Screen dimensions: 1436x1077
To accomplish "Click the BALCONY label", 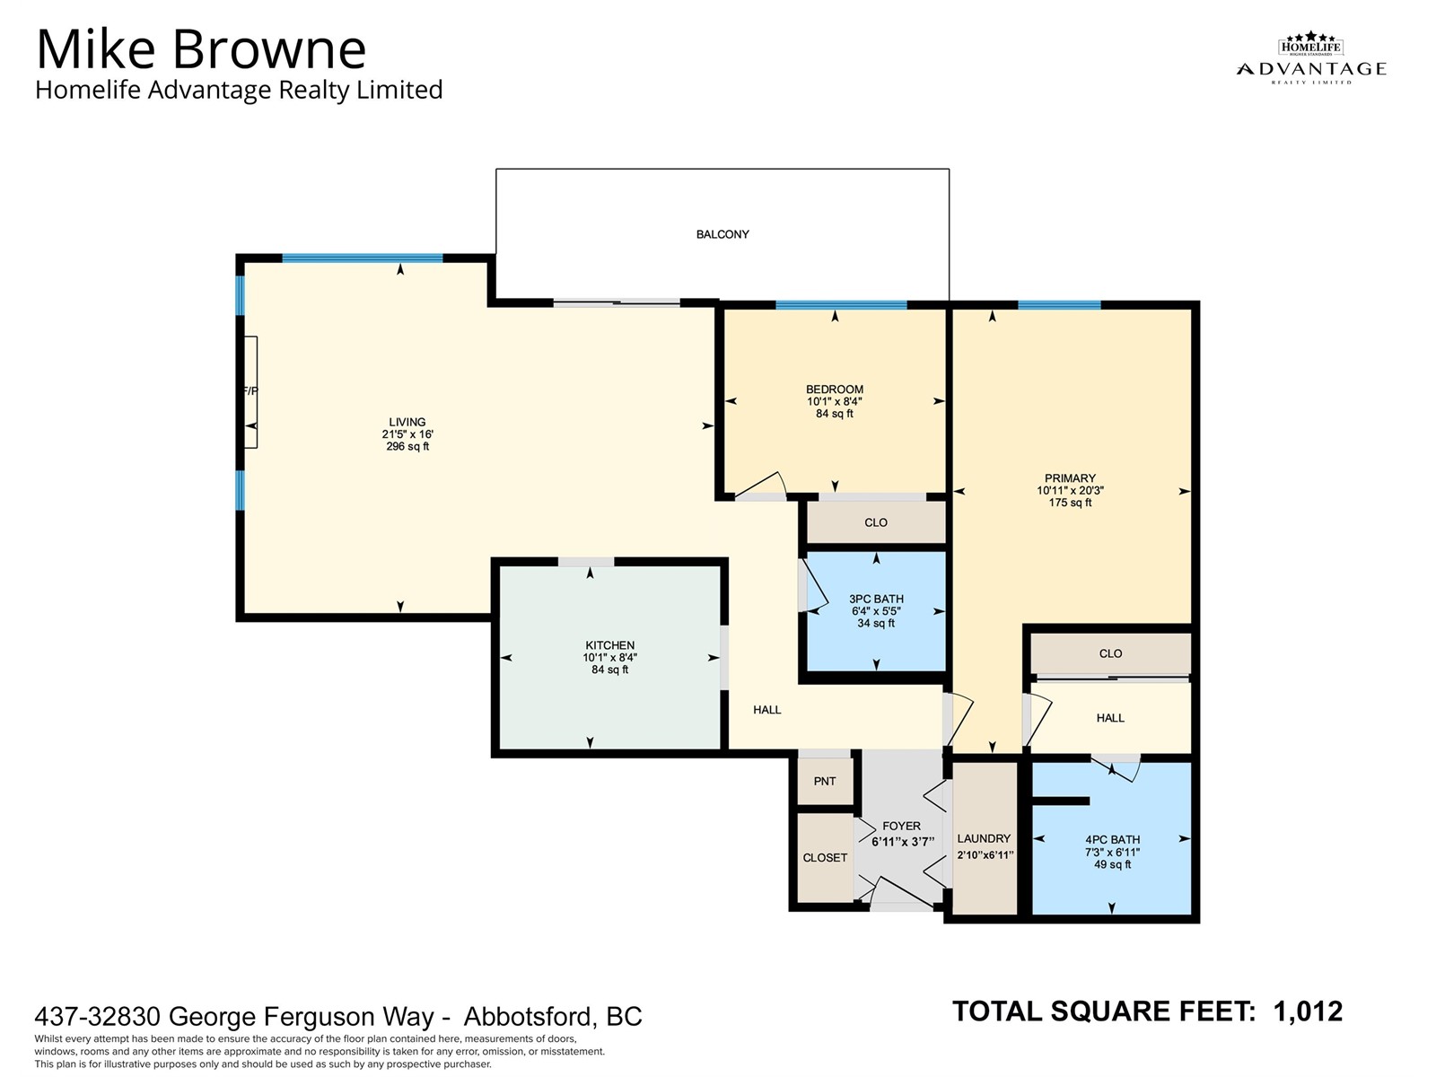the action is click(722, 234).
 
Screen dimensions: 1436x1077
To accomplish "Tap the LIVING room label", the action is click(407, 423).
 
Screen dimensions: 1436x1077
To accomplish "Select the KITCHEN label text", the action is click(609, 645).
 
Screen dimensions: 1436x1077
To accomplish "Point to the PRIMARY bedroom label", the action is click(1070, 478).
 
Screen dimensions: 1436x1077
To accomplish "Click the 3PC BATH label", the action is click(876, 599).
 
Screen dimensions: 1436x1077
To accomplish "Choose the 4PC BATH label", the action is click(1112, 840).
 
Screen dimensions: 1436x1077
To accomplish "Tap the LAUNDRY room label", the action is click(984, 838).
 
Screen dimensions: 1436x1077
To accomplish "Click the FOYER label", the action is click(901, 826).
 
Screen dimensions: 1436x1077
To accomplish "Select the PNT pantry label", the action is click(824, 781).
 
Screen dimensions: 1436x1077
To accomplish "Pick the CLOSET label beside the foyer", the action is click(825, 857).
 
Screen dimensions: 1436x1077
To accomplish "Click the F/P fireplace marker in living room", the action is click(250, 391).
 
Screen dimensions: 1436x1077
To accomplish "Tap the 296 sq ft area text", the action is click(407, 447).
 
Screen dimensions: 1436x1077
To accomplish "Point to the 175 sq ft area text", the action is click(1071, 503).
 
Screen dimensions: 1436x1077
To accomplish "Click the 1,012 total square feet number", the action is click(1308, 1011).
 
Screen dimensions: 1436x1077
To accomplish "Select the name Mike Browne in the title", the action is click(201, 49).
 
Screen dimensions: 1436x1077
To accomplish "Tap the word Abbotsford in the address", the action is click(527, 1016).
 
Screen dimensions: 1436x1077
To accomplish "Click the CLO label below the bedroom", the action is click(876, 522).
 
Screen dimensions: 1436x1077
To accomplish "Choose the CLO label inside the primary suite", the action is click(1110, 653).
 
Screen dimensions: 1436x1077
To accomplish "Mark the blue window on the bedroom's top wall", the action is click(841, 305).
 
